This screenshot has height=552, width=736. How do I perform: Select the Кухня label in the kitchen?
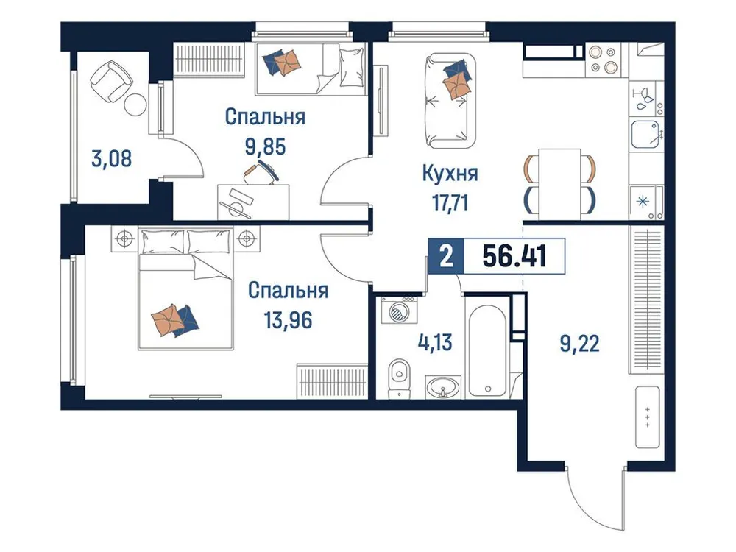pos(450,174)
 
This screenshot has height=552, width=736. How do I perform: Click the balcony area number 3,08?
pos(113,158)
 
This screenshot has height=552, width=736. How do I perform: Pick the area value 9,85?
pos(265,144)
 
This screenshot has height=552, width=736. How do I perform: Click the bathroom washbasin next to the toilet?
pos(444,386)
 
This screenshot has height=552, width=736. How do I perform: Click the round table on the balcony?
pos(135,105)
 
